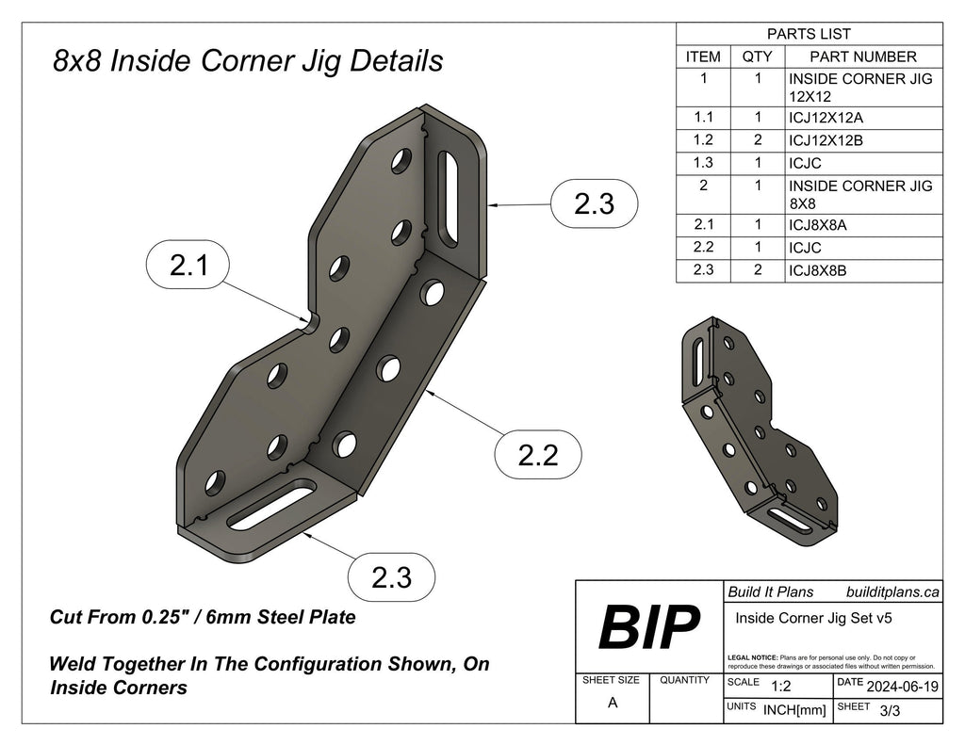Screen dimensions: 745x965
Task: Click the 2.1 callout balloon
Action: point(189,267)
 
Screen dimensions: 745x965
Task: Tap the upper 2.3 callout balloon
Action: point(595,203)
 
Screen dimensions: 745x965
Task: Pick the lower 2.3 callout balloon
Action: point(391,576)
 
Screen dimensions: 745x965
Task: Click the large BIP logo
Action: point(649,626)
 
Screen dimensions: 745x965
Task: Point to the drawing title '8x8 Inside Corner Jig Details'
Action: point(248,61)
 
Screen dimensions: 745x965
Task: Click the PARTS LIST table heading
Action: point(810,35)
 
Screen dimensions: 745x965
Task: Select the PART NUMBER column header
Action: point(862,57)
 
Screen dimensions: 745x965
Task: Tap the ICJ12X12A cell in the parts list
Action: point(826,118)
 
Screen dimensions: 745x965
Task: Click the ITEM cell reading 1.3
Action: point(703,161)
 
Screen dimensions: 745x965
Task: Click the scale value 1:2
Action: point(780,687)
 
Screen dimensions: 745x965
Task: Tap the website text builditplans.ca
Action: point(892,591)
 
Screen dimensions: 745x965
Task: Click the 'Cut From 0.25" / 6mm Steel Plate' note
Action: point(203,618)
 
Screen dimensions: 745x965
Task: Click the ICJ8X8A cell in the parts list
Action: point(826,226)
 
